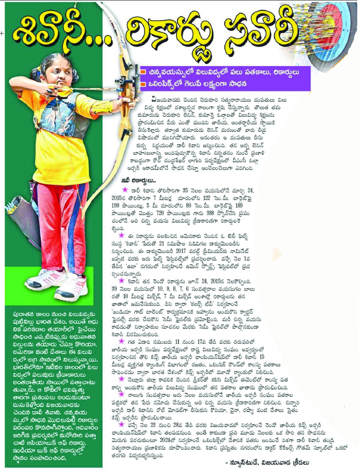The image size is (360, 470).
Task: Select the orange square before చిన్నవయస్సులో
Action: coord(143,72)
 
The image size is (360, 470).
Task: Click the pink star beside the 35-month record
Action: coord(124,189)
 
